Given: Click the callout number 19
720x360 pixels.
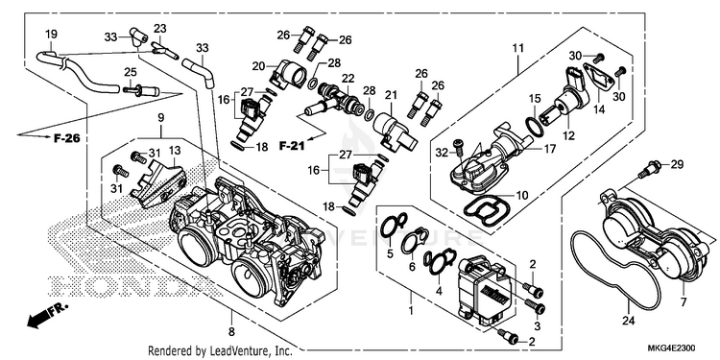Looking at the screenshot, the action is tap(51, 34).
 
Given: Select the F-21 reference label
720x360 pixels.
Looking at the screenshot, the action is tap(291, 146).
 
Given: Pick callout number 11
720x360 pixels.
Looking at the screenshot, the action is tap(518, 48).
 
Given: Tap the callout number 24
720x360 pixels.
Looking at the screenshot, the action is tap(628, 321).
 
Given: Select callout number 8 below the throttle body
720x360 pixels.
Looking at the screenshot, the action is tap(231, 330).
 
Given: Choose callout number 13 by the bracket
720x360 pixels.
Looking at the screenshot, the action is tap(175, 150).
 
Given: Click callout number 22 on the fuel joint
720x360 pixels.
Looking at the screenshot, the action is tap(348, 79).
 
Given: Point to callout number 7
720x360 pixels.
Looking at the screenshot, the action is tap(683, 301).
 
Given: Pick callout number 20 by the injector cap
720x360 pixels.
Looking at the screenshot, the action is tap(258, 66).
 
